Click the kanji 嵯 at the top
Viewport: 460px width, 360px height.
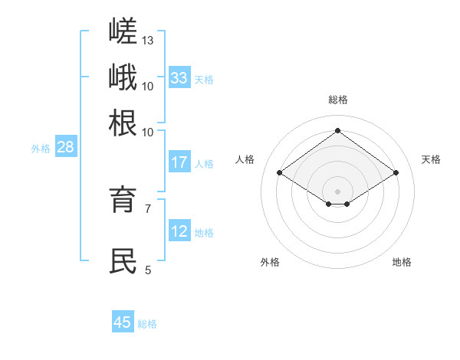tap(123, 30)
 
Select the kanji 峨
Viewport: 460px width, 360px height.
tap(123, 77)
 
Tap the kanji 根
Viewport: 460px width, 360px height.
tap(123, 123)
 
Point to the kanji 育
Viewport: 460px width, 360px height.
tap(123, 199)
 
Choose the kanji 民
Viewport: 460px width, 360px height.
tap(123, 260)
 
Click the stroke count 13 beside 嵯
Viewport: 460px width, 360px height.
tap(147, 41)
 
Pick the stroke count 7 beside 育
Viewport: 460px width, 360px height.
tap(148, 209)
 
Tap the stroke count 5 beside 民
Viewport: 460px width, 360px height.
tap(148, 270)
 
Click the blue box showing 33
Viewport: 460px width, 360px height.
tap(179, 77)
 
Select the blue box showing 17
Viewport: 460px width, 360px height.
tap(179, 162)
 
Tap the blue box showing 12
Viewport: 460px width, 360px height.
tap(179, 230)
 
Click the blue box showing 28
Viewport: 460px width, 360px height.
tap(66, 146)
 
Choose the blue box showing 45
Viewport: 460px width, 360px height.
tap(123, 321)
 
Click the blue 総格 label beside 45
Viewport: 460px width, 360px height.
tap(147, 324)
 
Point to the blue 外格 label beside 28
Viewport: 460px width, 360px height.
tap(41, 149)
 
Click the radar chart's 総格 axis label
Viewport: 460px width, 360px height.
tap(338, 100)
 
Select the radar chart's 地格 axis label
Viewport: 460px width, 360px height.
tap(402, 262)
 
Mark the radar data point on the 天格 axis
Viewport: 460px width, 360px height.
tap(396, 172)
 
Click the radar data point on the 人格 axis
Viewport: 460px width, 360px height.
tap(280, 172)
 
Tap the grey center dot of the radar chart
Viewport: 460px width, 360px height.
tap(337, 191)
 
